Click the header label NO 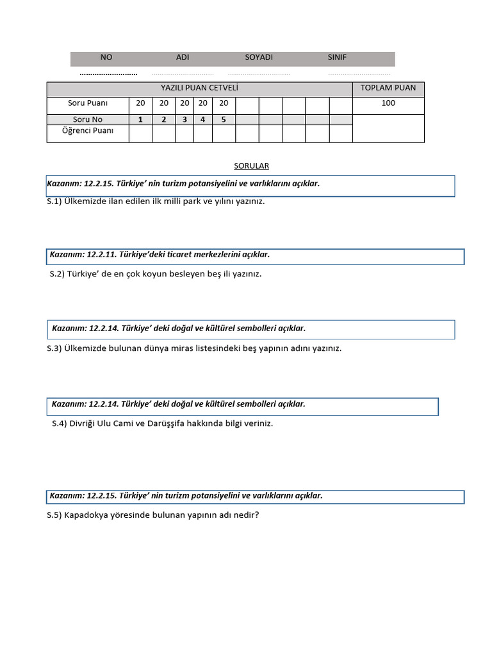pos(106,57)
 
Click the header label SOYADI pos(259,57)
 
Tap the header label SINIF pos(337,57)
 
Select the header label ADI pos(183,57)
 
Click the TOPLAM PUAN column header pos(388,88)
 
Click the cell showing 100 pos(388,103)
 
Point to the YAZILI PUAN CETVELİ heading pos(199,88)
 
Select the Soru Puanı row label pos(88,103)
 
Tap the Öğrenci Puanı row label pos(88,131)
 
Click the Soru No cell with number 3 pos(184,119)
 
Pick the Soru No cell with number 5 pos(224,119)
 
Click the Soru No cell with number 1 pos(140,119)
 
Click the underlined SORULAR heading pos(251,166)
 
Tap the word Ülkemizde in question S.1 pos(86,201)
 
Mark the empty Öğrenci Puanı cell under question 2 pos(163,133)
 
